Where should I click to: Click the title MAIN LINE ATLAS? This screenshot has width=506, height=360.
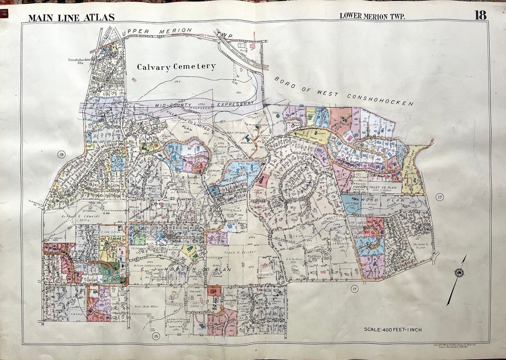pos(71,18)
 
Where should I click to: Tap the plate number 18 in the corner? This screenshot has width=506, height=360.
pos(480,15)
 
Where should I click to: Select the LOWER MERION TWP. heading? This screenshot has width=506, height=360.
pos(372,16)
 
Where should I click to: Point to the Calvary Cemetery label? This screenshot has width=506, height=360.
pos(176,67)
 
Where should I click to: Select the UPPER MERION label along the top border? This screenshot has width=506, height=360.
pos(156,31)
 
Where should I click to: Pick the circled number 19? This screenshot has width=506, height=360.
pos(60,155)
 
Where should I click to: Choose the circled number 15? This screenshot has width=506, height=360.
pos(155,335)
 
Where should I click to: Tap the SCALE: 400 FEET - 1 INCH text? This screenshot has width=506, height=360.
pos(393,330)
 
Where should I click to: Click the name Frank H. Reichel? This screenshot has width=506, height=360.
pos(239,253)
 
